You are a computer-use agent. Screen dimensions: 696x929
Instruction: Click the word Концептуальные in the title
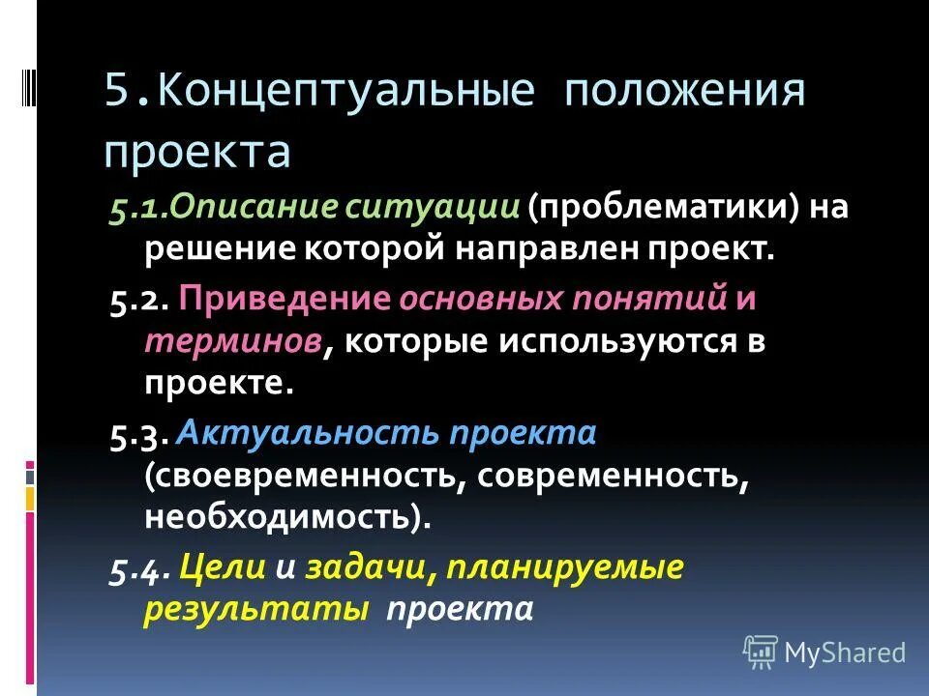pos(346,93)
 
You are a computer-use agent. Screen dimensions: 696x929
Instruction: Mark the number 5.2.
pos(139,300)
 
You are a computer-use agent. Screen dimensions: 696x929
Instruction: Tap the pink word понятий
pos(660,300)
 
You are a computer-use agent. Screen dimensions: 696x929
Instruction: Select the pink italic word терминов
pos(234,341)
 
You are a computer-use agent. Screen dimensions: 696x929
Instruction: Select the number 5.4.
pos(139,569)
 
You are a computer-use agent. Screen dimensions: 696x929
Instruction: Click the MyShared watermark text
pos(845,652)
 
